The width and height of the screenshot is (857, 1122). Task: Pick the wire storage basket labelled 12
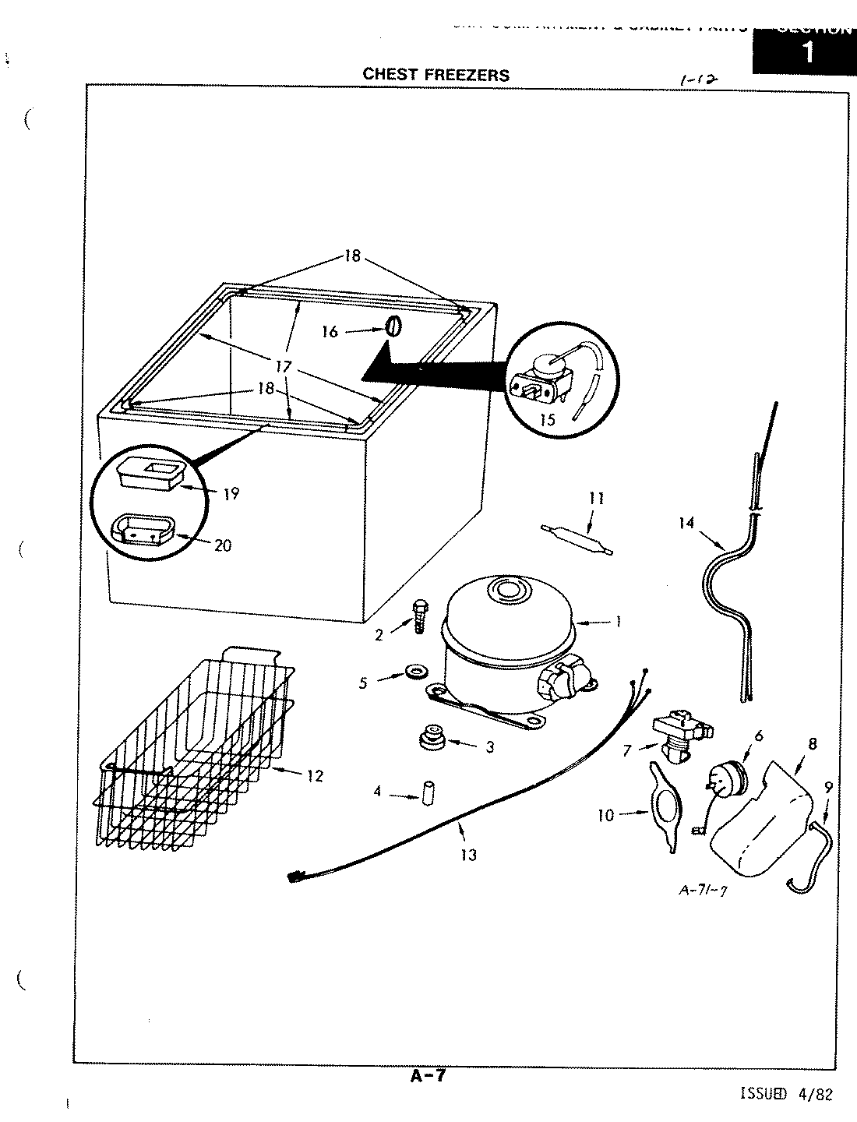(195, 748)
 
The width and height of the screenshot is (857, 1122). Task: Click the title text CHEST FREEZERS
(436, 75)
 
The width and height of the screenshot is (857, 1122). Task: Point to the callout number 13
(468, 855)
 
